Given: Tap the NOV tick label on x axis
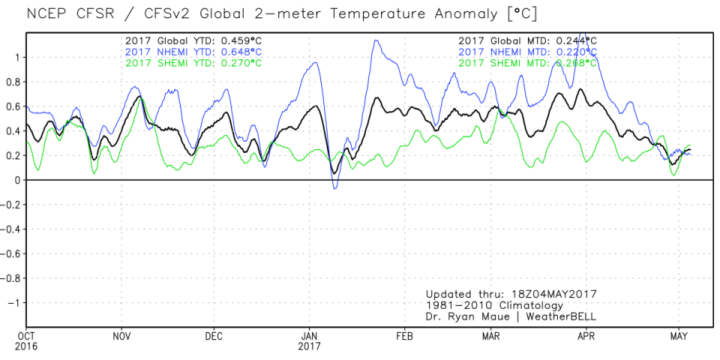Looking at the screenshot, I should point(123,335).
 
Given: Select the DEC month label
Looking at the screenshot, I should point(214,335).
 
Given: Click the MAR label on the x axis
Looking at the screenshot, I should point(491,335).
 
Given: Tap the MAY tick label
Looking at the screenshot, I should point(679,335).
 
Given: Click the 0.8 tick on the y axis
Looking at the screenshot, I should point(14,81).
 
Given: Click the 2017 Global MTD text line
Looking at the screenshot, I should point(529,40).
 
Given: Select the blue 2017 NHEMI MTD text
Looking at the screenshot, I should point(529,51).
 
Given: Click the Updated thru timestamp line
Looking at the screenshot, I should point(513,294).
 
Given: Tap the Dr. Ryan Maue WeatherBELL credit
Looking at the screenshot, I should point(511,316).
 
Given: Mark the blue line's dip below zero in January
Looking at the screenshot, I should point(335,187).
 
